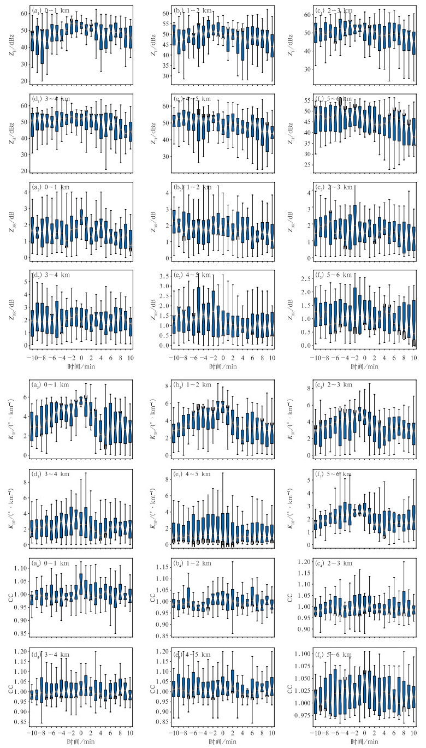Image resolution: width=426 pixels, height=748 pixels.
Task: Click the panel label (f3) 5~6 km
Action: coord(333,474)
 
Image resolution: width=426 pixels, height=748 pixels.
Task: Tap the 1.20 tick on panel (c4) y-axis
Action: coord(299,562)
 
